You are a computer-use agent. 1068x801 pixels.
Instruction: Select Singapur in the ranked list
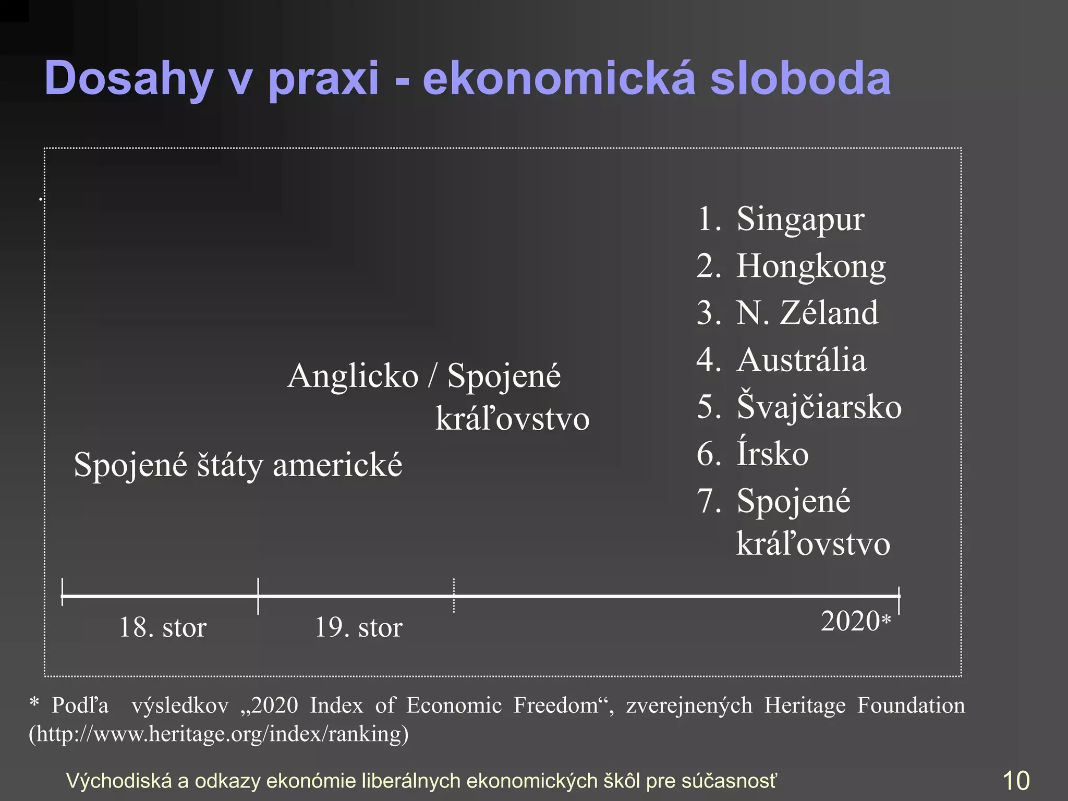point(800,219)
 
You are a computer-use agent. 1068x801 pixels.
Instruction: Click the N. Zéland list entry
point(807,313)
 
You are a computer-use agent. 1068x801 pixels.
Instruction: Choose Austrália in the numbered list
point(801,360)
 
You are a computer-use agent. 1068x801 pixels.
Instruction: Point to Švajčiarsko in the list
point(819,407)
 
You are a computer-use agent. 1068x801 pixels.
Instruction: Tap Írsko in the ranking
point(772,454)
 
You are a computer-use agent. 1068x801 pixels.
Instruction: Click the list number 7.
point(708,501)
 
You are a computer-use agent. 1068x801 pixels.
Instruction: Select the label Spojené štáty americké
point(238,465)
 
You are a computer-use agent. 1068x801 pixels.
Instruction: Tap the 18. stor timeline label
point(163,627)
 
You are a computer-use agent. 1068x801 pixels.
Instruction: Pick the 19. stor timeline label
point(358,627)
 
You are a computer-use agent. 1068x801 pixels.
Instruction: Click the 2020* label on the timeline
point(855,621)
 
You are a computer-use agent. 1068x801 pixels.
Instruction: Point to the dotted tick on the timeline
point(454,596)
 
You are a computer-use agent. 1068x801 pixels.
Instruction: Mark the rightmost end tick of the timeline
point(899,600)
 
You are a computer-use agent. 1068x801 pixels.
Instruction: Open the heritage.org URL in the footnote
point(219,734)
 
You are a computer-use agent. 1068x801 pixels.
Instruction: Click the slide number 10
point(1016,781)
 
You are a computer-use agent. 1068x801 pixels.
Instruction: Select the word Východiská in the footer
point(118,781)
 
